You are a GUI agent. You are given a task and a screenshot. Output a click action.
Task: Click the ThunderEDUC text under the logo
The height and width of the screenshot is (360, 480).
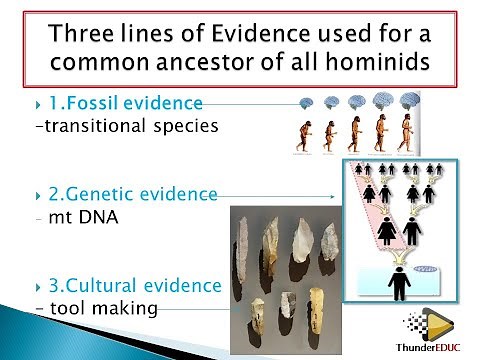[428, 348]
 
